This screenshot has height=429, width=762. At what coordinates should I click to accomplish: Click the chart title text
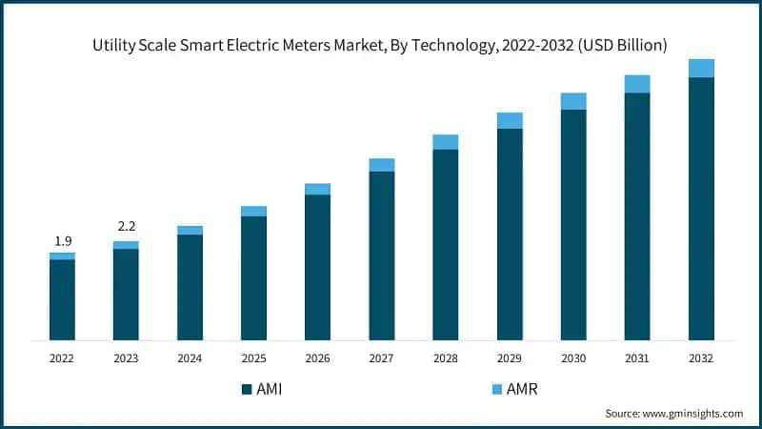379,45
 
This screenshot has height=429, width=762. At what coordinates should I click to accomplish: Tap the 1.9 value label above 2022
62,240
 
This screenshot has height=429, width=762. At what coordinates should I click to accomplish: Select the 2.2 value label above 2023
126,226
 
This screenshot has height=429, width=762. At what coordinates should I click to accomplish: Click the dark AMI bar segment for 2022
62,299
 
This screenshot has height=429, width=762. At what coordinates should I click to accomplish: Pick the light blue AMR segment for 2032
701,68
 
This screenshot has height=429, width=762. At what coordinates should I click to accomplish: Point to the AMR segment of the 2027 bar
381,165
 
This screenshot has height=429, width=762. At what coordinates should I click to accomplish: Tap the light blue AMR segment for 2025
253,212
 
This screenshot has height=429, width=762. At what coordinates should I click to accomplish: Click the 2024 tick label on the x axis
190,358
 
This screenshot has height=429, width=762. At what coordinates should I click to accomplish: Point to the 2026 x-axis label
317,358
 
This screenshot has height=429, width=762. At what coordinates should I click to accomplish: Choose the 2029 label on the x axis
510,358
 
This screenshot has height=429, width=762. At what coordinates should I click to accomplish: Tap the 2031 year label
637,358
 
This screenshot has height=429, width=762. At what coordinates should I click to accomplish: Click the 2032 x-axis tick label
701,358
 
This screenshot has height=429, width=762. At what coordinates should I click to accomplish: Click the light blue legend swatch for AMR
495,389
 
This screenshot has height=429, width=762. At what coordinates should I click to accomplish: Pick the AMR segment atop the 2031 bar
637,84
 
